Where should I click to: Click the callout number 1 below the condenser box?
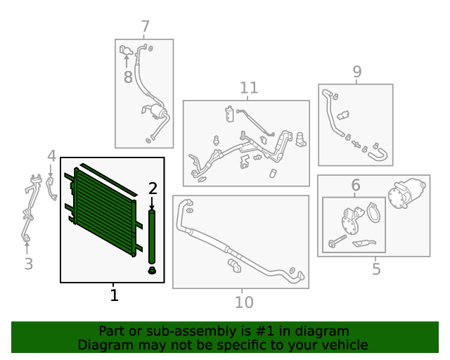114,295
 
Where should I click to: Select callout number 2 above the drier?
153,188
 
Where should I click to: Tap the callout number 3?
28,264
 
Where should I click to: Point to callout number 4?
51,155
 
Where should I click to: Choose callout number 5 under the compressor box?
376,269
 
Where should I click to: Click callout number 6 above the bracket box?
355,186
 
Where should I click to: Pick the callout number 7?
145,27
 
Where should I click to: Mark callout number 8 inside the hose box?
127,77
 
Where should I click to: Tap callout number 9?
356,72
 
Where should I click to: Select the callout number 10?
243,302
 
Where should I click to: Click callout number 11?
248,88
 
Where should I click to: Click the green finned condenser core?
103,211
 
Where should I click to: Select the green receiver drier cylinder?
152,235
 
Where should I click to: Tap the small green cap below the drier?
153,271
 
